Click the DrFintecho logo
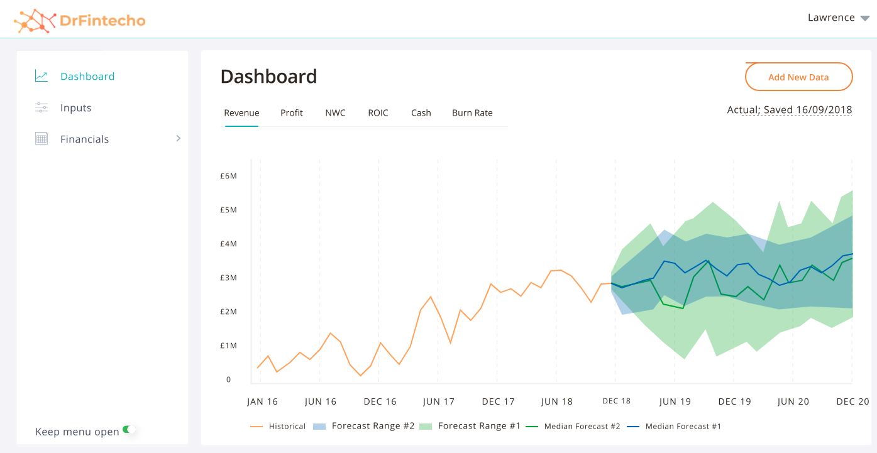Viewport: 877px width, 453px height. click(x=80, y=21)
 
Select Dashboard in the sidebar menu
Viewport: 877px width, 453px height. click(x=87, y=77)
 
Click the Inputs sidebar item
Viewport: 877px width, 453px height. click(x=75, y=108)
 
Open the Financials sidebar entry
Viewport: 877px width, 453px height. click(x=84, y=139)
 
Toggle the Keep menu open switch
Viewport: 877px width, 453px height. click(x=129, y=430)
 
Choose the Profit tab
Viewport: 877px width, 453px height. click(x=292, y=113)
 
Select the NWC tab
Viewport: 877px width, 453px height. click(x=335, y=113)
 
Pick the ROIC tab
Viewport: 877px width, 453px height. click(x=378, y=113)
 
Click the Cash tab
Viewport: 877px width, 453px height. click(x=421, y=113)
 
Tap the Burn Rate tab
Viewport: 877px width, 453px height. click(x=472, y=113)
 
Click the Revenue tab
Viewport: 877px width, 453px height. click(x=241, y=113)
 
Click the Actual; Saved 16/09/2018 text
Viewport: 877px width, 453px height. click(x=789, y=110)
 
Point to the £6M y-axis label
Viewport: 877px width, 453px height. click(x=228, y=176)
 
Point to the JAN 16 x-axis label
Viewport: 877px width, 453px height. click(x=262, y=401)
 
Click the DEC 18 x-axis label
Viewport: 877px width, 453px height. click(x=616, y=401)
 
